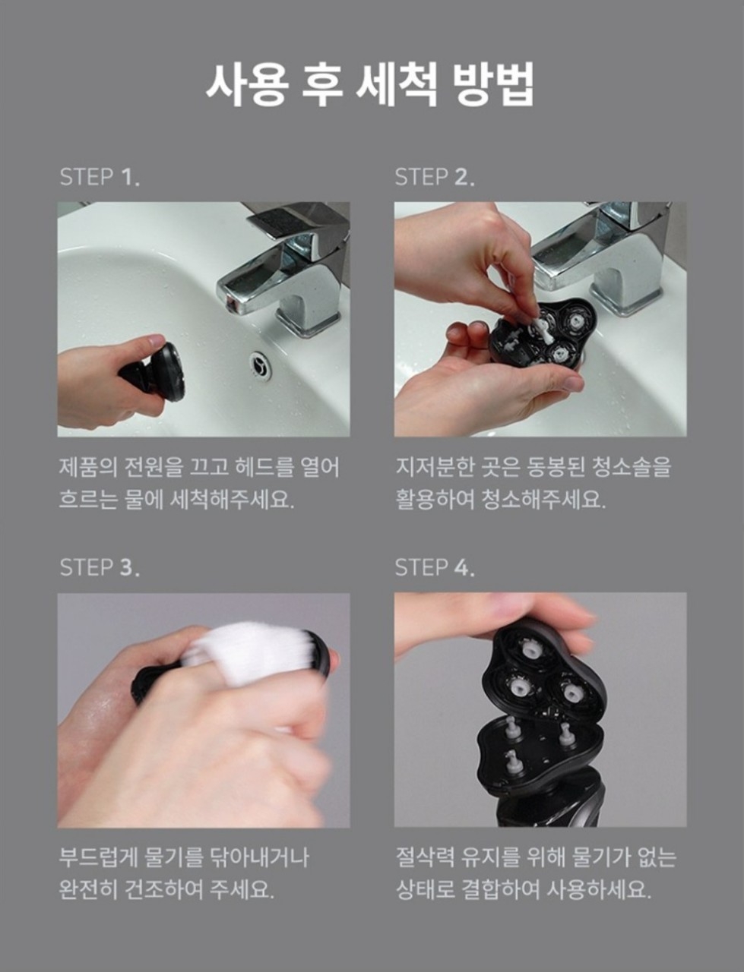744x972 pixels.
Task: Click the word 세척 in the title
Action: pyautogui.click(x=394, y=84)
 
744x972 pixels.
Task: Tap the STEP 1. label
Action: pyautogui.click(x=100, y=178)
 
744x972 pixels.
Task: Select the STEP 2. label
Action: pyautogui.click(x=434, y=178)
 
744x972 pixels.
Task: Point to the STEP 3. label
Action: pyautogui.click(x=100, y=567)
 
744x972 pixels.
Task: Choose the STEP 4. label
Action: pyautogui.click(x=434, y=567)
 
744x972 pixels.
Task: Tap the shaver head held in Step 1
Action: pyautogui.click(x=163, y=372)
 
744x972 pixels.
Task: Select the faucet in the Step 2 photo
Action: pyautogui.click(x=600, y=258)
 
